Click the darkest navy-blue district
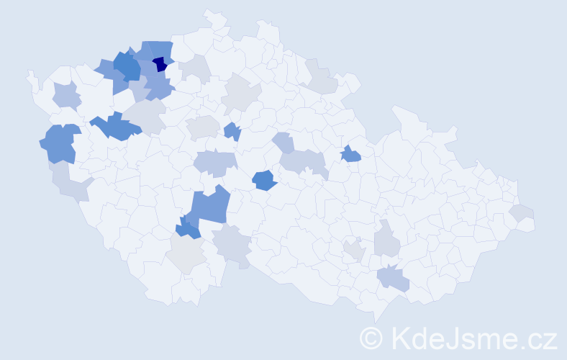click(160, 64)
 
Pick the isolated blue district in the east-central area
click(350, 154)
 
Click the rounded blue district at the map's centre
click(264, 180)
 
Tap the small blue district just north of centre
click(232, 132)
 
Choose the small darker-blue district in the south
click(188, 230)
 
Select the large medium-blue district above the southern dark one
click(210, 206)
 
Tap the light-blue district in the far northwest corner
click(66, 94)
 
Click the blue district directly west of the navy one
click(127, 66)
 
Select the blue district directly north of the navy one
click(154, 50)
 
